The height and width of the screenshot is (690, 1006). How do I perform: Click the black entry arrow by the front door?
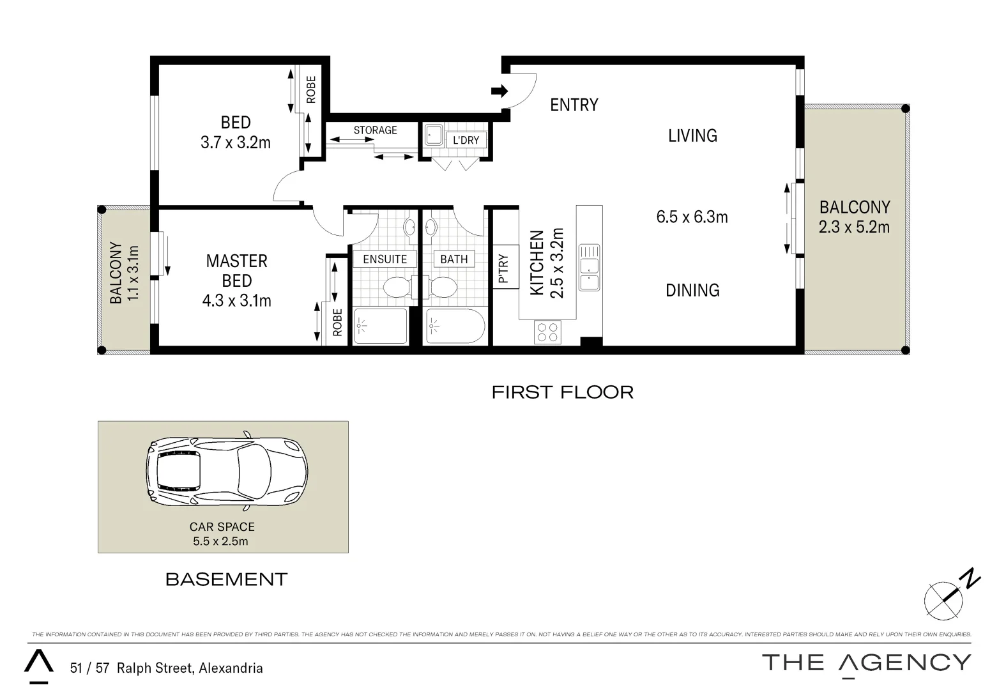coord(499,91)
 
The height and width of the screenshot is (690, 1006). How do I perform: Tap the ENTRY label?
coord(574,105)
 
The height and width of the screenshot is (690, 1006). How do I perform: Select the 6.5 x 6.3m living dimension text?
coord(692,217)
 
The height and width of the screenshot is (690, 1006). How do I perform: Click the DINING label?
coord(692,290)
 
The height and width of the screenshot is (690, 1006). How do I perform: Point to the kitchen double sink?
coord(589,267)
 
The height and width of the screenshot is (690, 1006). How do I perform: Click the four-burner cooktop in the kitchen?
coord(547,332)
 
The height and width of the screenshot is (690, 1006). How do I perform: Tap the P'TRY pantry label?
coord(505,268)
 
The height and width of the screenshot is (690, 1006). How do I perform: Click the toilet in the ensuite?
coord(399,287)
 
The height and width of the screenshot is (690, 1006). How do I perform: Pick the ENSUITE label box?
coord(385,259)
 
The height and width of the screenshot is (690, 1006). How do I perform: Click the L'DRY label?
coord(466,140)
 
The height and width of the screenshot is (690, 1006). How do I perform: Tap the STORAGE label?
coord(375,130)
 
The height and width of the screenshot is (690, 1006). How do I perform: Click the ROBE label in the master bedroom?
coord(337,322)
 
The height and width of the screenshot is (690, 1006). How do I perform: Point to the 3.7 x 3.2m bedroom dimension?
coord(236,142)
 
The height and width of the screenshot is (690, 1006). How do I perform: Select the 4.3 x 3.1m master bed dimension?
coord(236,300)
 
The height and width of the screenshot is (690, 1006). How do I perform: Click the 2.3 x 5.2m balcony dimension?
coord(854,227)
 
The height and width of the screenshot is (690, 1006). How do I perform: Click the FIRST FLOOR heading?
coord(562,392)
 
